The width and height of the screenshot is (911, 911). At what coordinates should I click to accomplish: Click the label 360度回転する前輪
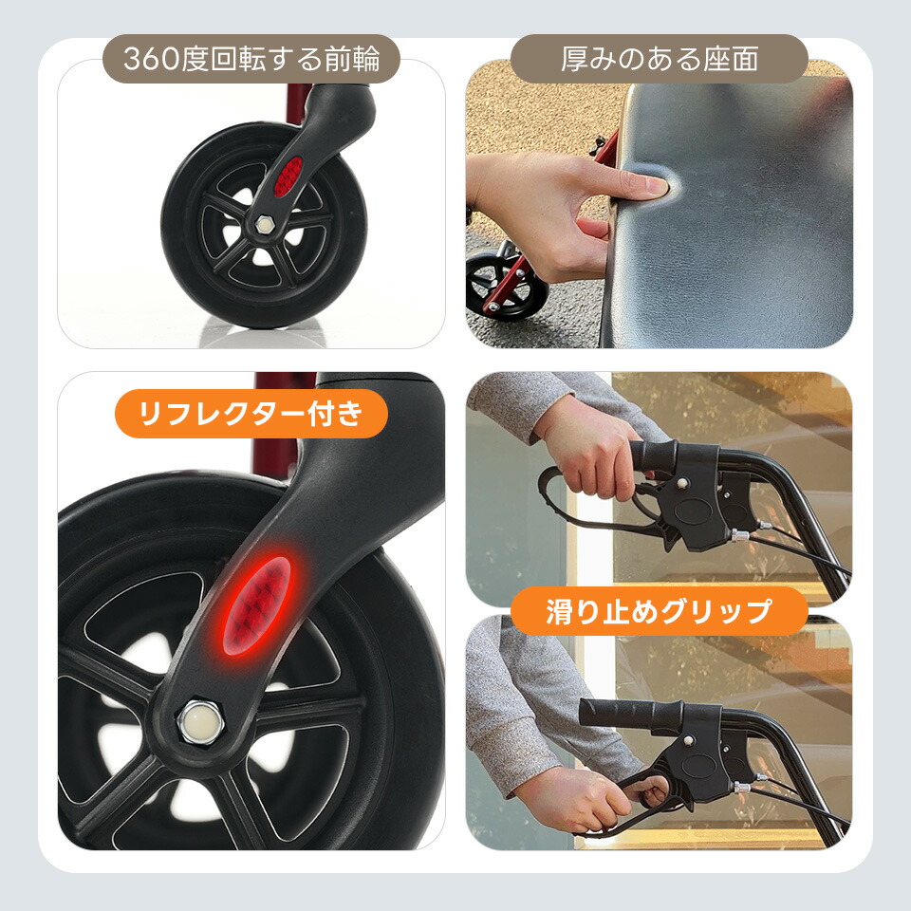point(251,59)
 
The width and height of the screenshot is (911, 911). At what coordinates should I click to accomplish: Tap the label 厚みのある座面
point(659,59)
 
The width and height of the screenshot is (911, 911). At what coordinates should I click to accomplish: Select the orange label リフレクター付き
point(251,413)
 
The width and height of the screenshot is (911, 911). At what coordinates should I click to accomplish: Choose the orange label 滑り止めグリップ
point(659,611)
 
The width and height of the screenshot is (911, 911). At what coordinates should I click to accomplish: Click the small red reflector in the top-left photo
point(288,177)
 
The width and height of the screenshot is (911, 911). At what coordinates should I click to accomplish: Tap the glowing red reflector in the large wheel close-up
point(257,604)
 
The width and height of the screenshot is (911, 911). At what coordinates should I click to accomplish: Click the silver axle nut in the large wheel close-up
point(201,721)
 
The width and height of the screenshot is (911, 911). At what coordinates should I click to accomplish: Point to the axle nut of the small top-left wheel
point(265,223)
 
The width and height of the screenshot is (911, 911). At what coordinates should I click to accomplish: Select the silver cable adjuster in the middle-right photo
point(738,535)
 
